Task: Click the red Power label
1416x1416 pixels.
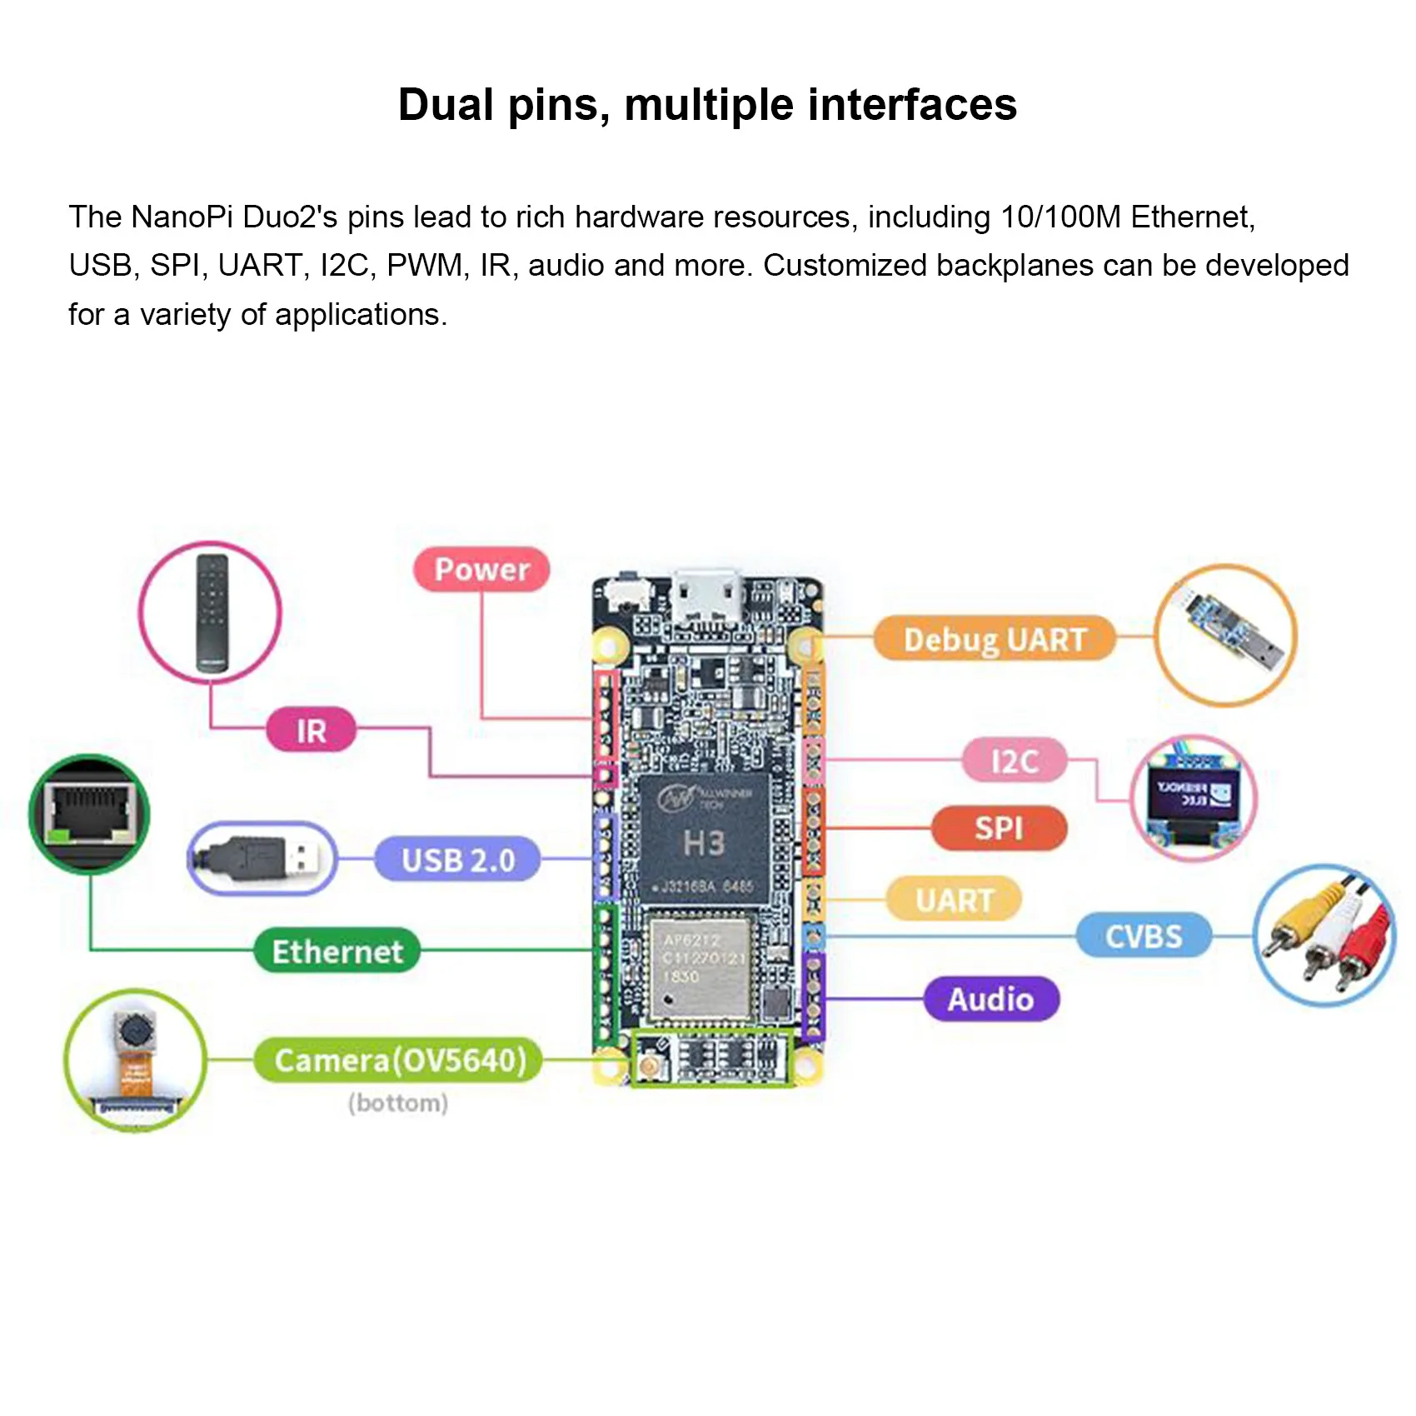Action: (481, 570)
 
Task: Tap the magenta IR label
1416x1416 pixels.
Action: (311, 730)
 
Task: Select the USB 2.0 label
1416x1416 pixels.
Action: (457, 860)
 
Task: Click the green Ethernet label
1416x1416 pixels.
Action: (337, 951)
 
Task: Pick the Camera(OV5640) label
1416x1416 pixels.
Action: (400, 1060)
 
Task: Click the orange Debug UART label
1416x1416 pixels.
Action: (995, 639)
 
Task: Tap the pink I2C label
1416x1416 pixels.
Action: (1014, 760)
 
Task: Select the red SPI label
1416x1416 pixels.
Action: (999, 828)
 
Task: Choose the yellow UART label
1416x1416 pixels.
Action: (955, 900)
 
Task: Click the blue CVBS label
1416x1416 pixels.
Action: (1143, 936)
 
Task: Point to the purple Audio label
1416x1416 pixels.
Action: (990, 999)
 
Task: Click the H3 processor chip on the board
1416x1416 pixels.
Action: (704, 841)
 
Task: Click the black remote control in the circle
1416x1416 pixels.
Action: (212, 613)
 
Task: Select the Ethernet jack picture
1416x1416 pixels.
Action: (89, 813)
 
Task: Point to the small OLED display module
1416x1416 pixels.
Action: (1192, 798)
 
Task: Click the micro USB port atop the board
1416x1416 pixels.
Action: (709, 598)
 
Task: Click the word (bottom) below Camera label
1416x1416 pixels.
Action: (398, 1103)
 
